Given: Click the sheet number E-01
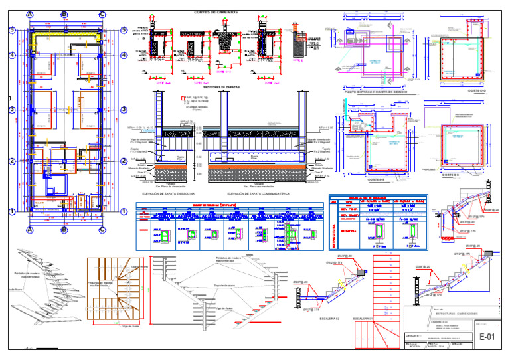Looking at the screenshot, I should (x=488, y=337).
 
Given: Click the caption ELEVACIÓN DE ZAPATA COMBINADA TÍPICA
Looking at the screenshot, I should (x=258, y=193).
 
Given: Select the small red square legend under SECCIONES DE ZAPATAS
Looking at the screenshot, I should (x=183, y=98).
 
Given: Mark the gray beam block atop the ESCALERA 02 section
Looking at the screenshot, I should (x=359, y=271).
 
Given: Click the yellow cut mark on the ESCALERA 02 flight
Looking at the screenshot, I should (x=341, y=284).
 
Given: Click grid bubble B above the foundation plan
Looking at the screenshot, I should (x=64, y=14).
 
